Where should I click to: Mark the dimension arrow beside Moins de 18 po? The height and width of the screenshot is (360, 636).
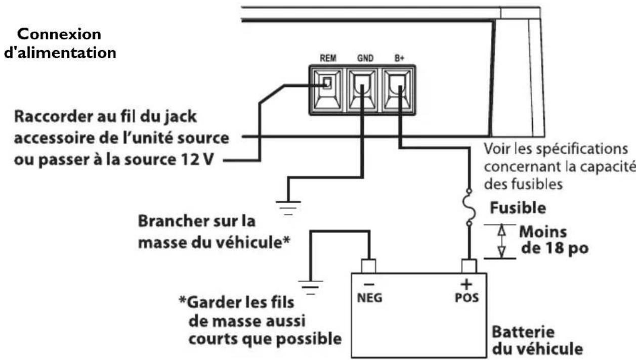coord(501,241)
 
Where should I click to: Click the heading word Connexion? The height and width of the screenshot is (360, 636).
coord(59,34)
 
